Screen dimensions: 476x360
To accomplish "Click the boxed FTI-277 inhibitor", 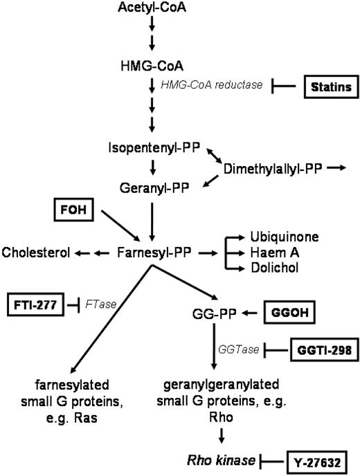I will (35, 304).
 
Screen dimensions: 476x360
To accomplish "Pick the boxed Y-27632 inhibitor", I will (316, 459).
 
